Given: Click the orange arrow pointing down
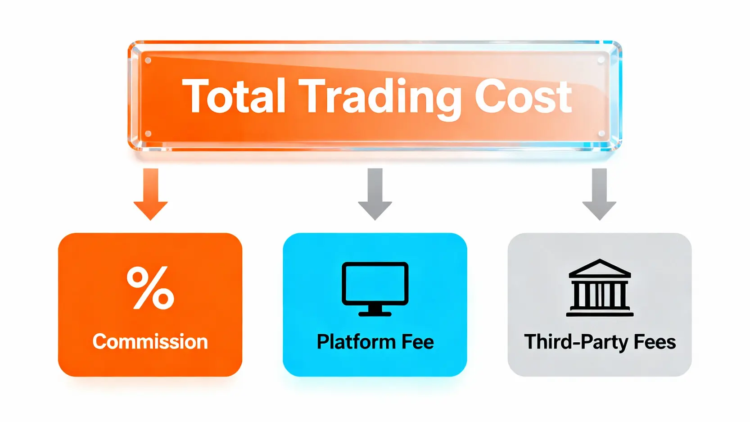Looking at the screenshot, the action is click(x=151, y=194).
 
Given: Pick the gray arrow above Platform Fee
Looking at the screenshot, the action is click(x=375, y=194).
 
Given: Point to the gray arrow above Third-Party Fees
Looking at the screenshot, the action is click(x=599, y=194).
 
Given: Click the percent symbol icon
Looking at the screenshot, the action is click(x=150, y=288).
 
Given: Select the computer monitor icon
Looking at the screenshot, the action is click(x=375, y=289).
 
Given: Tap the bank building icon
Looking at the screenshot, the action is click(x=600, y=288).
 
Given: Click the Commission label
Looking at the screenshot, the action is click(x=150, y=342).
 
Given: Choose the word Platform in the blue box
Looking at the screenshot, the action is click(x=354, y=342).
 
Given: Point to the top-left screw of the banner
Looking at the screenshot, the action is click(x=148, y=60).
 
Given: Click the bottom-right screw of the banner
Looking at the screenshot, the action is click(x=601, y=133).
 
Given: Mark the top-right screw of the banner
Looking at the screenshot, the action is click(x=601, y=60).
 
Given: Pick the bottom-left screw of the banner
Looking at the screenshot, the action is click(x=148, y=134).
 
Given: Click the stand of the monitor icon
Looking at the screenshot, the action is click(x=375, y=311).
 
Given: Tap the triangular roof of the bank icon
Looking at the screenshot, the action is click(x=600, y=268).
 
